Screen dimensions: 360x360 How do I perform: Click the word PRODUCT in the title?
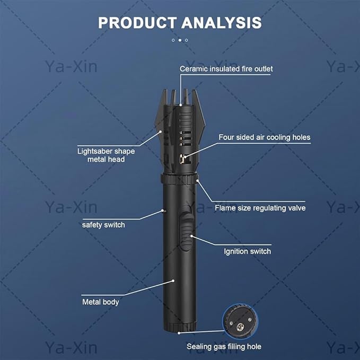[x=137, y=23]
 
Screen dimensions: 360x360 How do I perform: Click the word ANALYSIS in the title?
[x=222, y=23]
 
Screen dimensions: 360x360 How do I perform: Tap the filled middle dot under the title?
[x=180, y=40]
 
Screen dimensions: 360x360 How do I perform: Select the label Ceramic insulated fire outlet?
[x=226, y=69]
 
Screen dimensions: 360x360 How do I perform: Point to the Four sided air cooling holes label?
[x=264, y=137]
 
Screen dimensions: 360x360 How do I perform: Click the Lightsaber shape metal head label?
[x=106, y=155]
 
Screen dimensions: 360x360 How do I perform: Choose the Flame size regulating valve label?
[x=260, y=208]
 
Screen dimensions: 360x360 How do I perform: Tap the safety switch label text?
[x=103, y=225]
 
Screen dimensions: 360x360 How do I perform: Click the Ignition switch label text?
[x=248, y=251]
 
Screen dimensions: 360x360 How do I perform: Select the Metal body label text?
[x=101, y=302]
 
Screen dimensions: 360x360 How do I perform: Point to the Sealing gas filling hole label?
[x=224, y=346]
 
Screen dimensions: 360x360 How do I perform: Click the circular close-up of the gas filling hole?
[x=240, y=321]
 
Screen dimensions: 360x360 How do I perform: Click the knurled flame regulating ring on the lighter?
[x=179, y=179]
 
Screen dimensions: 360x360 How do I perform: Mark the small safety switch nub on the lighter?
[x=163, y=210]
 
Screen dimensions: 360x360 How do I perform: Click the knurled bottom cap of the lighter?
[x=180, y=327]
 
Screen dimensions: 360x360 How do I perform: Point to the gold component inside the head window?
[x=182, y=159]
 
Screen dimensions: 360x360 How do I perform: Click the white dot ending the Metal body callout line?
[x=173, y=280]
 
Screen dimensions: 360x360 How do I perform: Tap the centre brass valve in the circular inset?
[x=240, y=327]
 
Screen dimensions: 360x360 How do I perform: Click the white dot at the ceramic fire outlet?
[x=181, y=105]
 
